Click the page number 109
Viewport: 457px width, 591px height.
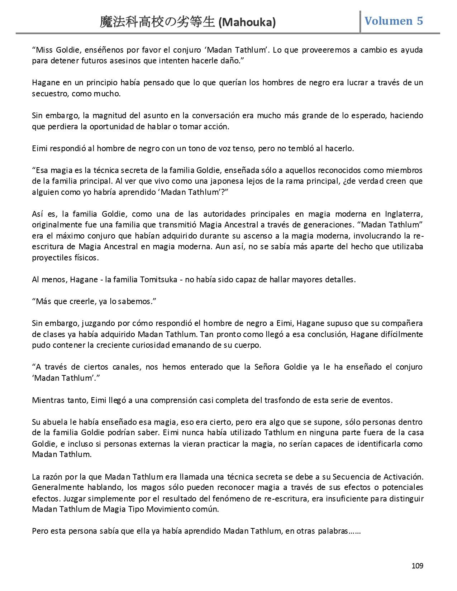(x=417, y=566)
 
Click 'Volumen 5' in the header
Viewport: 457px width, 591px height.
(x=394, y=21)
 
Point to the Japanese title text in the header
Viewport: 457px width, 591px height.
(x=158, y=23)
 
